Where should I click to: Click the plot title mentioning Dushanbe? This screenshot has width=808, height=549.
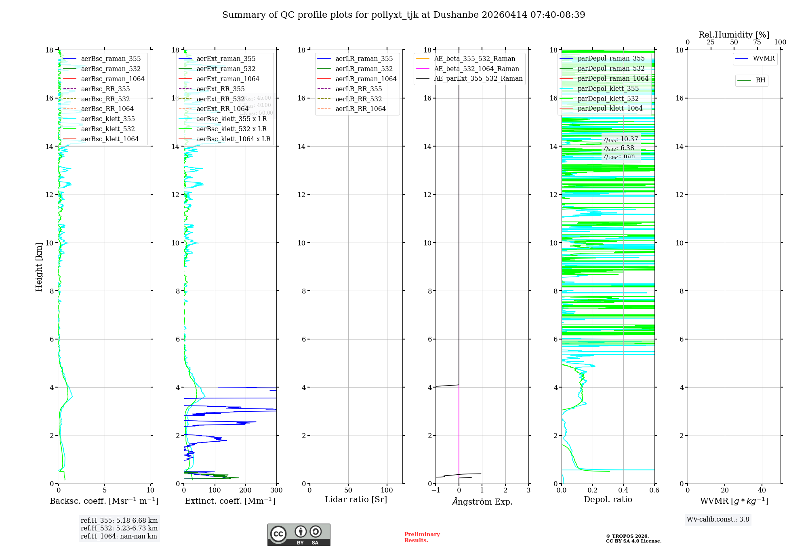(404, 15)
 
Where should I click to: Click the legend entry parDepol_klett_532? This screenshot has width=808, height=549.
(608, 98)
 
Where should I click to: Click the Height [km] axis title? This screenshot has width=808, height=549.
(39, 266)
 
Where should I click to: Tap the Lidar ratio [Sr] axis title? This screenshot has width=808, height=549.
(356, 499)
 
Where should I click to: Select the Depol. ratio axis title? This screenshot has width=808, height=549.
(608, 499)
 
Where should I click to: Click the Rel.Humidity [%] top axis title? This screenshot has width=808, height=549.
(734, 35)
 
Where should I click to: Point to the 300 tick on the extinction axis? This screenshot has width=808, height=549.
(276, 490)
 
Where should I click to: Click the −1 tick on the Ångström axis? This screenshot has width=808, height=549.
(436, 490)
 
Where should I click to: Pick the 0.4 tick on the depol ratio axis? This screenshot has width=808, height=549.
(623, 490)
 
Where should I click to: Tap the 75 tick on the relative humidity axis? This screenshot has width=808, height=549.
(757, 42)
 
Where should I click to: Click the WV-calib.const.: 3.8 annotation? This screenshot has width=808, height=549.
(718, 520)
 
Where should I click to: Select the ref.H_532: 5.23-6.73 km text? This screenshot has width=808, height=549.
(119, 528)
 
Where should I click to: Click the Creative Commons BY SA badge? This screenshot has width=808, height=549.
(299, 534)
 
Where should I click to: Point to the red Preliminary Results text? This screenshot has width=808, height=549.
(422, 537)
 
